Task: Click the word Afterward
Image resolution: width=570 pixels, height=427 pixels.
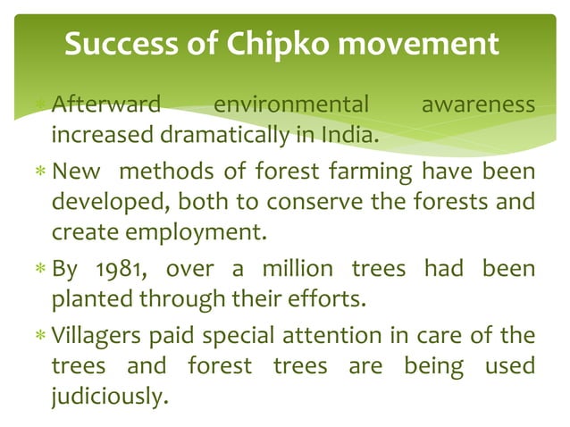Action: point(105,106)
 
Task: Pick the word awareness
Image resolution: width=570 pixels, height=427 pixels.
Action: point(478,106)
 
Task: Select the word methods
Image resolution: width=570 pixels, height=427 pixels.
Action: point(158,171)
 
